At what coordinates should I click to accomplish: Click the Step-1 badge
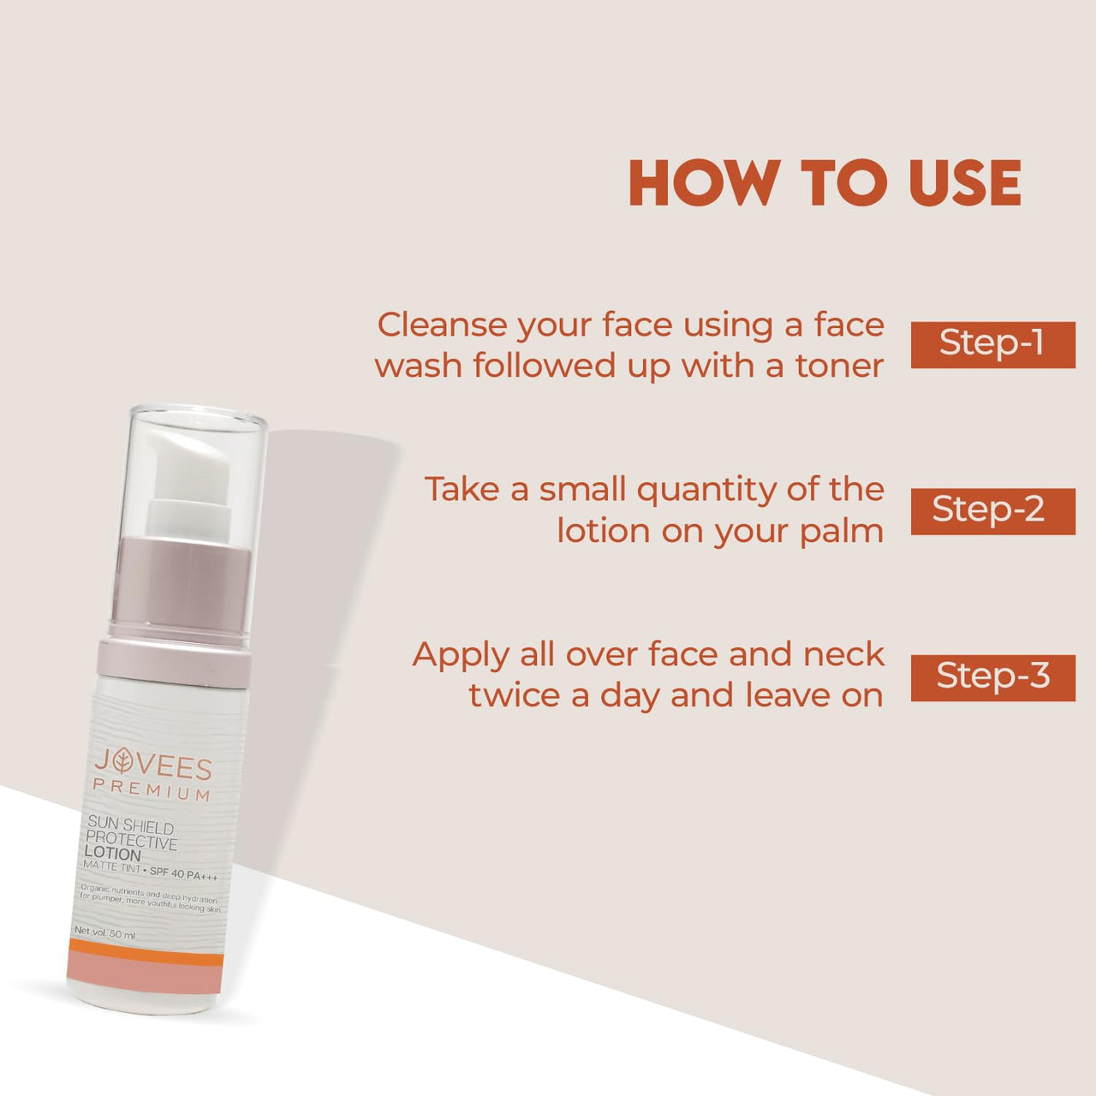[x=992, y=344]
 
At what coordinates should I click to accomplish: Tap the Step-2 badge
[x=992, y=510]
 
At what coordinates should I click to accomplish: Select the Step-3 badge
[x=992, y=677]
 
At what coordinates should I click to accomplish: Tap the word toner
[x=839, y=366]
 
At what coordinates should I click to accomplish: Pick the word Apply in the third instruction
[x=461, y=656]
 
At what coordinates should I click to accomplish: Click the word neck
[x=843, y=655]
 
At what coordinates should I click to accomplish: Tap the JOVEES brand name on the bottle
[x=152, y=764]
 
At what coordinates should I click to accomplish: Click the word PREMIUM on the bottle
[x=152, y=790]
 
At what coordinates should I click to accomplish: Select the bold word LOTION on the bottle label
[x=112, y=854]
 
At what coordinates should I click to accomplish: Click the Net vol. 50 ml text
[x=104, y=933]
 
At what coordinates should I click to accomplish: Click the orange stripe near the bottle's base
[x=145, y=957]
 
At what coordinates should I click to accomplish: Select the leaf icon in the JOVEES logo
[x=125, y=761]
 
